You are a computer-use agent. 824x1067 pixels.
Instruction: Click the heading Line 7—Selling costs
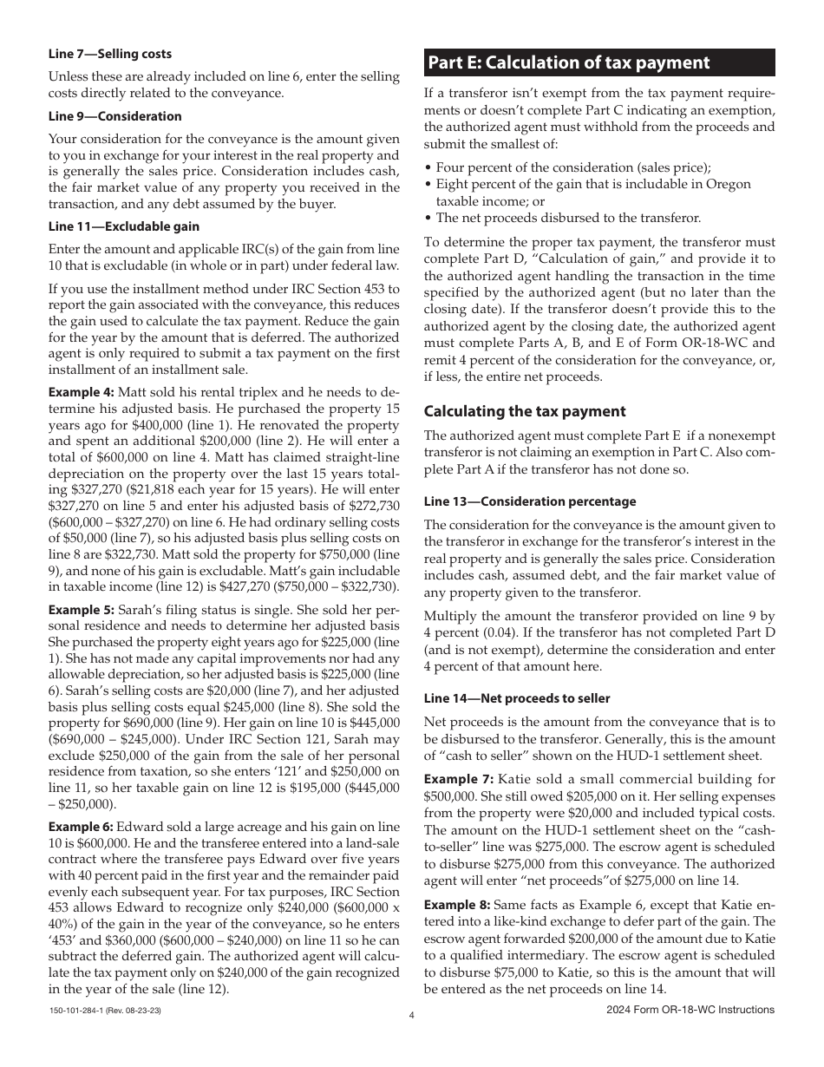pyautogui.click(x=110, y=54)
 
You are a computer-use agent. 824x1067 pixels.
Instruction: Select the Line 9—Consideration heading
pyautogui.click(x=115, y=116)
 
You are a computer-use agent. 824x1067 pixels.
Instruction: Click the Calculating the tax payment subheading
pyautogui.click(x=525, y=411)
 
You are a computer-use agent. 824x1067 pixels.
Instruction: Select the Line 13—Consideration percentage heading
pyautogui.click(x=530, y=501)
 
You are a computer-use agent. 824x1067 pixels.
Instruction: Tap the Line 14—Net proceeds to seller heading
pyautogui.click(x=517, y=698)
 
